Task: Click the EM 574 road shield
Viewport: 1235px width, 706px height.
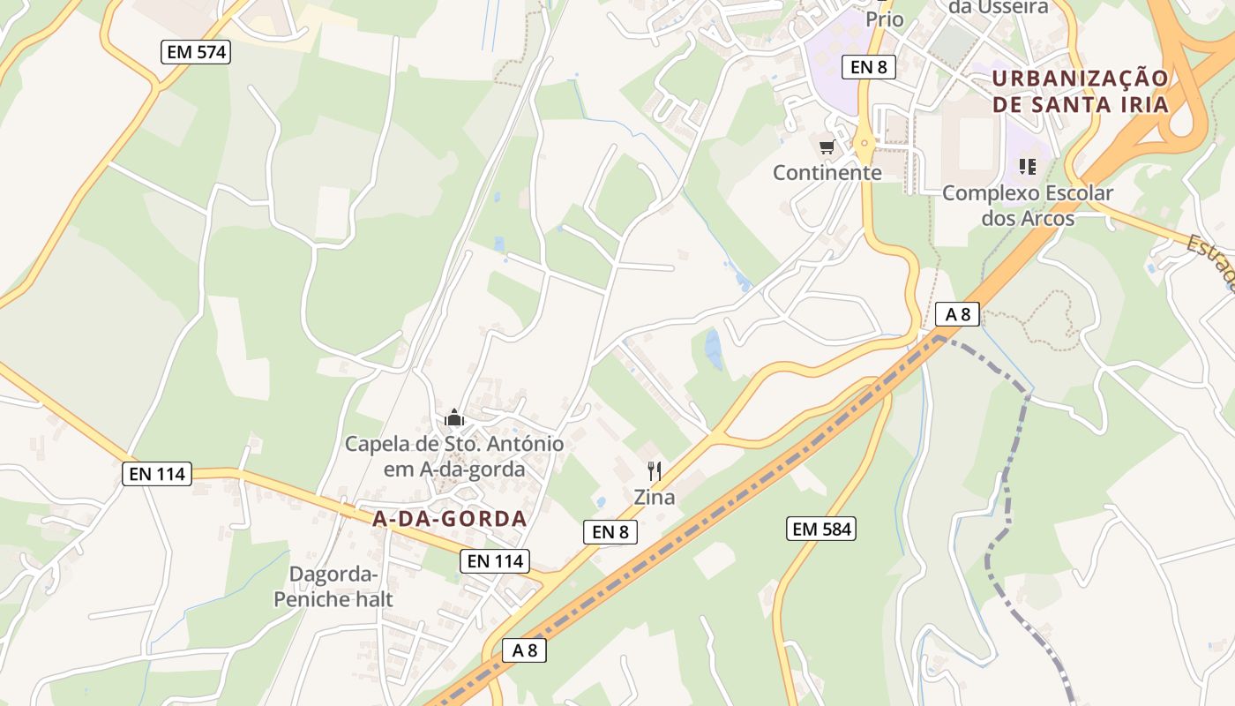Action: click(196, 52)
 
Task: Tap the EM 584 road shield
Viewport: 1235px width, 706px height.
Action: click(821, 529)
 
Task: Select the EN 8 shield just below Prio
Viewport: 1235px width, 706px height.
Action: click(868, 66)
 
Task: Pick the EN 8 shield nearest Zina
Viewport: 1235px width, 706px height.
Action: click(610, 531)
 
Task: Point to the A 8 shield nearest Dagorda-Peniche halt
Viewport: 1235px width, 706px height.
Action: click(524, 650)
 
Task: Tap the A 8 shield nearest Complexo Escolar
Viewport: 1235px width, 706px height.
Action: click(958, 313)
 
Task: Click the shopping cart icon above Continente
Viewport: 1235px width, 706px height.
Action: click(827, 147)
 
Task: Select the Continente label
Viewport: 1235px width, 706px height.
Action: click(827, 173)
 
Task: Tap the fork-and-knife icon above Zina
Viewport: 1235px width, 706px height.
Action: click(655, 470)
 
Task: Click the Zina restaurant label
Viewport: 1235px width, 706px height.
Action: click(655, 497)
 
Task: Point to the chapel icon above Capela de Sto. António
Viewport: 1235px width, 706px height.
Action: click(454, 417)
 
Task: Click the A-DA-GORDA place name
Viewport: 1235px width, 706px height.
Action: click(450, 519)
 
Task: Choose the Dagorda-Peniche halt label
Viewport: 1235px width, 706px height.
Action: click(333, 587)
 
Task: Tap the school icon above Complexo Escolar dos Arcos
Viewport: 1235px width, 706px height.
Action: click(1027, 166)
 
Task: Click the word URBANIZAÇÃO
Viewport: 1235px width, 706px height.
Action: click(1080, 79)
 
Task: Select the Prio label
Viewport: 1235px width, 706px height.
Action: click(885, 19)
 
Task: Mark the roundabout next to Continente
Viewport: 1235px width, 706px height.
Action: click(864, 145)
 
